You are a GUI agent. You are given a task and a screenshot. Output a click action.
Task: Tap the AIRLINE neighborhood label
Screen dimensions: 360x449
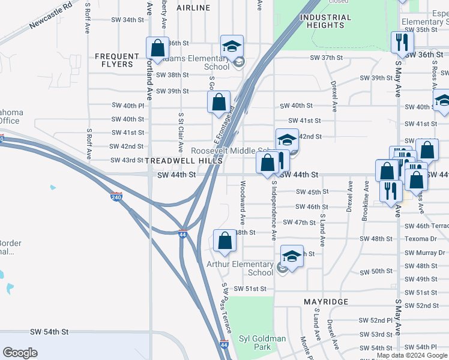(194, 8)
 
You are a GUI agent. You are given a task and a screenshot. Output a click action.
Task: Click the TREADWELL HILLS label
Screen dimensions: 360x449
(184, 161)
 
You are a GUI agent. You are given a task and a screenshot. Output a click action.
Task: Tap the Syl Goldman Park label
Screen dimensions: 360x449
(262, 343)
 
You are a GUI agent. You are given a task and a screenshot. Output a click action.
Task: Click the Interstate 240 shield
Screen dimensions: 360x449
(116, 196)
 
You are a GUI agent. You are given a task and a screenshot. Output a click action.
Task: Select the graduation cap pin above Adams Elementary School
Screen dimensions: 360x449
(232, 46)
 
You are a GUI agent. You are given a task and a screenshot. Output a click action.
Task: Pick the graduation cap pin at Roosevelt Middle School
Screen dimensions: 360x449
(287, 140)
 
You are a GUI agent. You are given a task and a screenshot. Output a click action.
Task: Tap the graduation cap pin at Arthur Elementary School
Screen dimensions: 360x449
(292, 256)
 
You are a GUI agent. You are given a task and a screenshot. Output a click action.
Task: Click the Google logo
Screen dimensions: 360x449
(20, 353)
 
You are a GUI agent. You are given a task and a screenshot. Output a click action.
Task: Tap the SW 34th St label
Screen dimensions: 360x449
(127, 20)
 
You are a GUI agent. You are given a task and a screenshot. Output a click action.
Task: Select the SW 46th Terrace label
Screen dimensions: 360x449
(426, 226)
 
